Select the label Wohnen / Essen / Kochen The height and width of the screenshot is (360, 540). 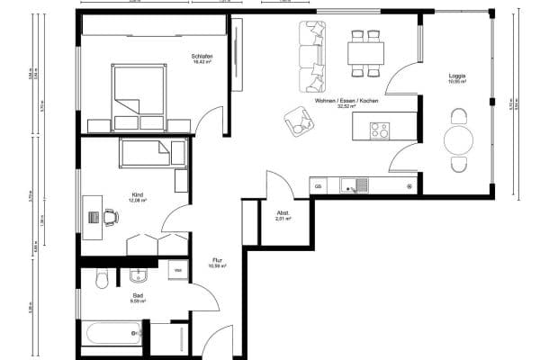(346, 102)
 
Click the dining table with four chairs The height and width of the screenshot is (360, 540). (365, 50)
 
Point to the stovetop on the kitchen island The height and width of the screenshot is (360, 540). (379, 130)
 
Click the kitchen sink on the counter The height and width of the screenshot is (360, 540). (351, 185)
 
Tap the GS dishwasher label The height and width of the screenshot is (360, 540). (318, 185)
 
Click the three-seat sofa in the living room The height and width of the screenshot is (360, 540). (312, 56)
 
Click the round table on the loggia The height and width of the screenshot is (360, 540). (459, 140)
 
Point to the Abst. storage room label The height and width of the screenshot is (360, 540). (282, 214)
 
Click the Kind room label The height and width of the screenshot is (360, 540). (137, 197)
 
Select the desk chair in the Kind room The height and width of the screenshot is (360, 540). (111, 217)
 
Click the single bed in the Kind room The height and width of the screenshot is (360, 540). (153, 153)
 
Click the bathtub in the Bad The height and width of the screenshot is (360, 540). (112, 336)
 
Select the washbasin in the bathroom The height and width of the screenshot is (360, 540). (138, 274)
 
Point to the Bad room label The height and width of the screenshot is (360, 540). (138, 298)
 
